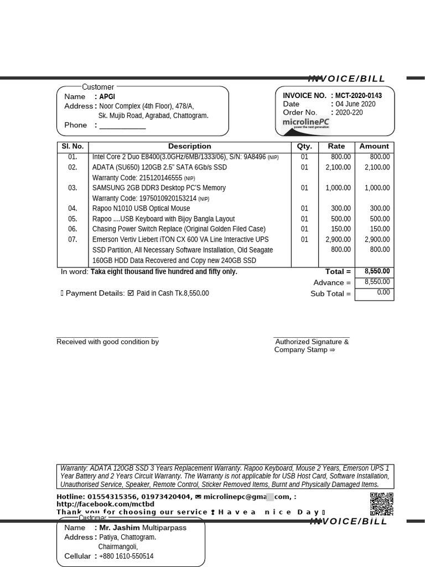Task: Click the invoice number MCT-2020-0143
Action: [x=358, y=95]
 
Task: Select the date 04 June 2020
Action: [x=355, y=104]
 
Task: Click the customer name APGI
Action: [x=107, y=97]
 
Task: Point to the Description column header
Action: [x=189, y=146]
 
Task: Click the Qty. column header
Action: [x=304, y=146]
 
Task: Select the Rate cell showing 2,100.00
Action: [x=338, y=167]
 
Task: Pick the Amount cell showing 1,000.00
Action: [x=376, y=188]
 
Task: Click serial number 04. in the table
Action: [x=72, y=208]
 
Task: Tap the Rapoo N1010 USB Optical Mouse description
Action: [x=141, y=208]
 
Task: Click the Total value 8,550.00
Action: [x=377, y=271]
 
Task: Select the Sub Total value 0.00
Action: [x=383, y=292]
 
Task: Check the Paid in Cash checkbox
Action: [x=131, y=293]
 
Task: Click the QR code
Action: [x=381, y=504]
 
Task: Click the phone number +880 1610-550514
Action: [x=126, y=556]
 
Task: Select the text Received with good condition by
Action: [x=107, y=342]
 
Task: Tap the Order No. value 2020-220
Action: [x=349, y=112]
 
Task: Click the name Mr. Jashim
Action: [x=120, y=528]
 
